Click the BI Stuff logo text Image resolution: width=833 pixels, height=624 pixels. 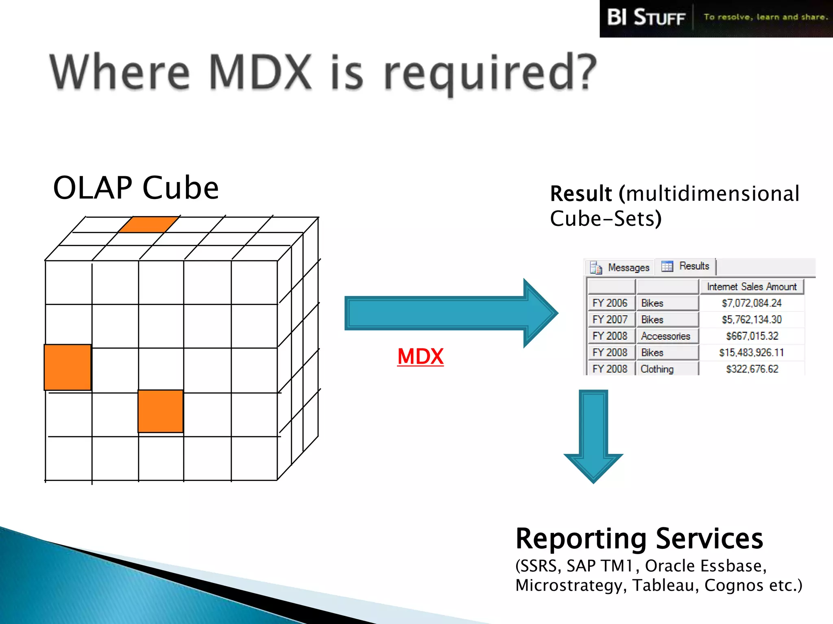coord(646,18)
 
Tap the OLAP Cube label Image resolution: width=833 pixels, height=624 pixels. coord(136,188)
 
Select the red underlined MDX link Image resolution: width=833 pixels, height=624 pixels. coord(420,357)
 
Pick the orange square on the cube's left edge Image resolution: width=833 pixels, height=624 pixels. coord(68,367)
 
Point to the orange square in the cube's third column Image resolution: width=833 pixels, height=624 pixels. coord(161,411)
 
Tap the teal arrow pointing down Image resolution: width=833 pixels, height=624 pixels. coord(593,437)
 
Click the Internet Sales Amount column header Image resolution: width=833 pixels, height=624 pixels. coord(751,287)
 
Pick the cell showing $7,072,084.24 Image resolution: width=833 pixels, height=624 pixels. coord(751,303)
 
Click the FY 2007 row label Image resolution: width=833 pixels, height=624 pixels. coord(610,320)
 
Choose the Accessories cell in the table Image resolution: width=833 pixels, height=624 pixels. coord(665,336)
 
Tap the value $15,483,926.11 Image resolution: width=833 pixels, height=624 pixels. coord(751,353)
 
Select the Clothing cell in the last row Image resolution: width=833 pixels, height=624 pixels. coord(657,369)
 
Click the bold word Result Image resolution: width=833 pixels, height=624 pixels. coord(581,193)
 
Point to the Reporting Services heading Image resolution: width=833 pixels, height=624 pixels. coord(639,539)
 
